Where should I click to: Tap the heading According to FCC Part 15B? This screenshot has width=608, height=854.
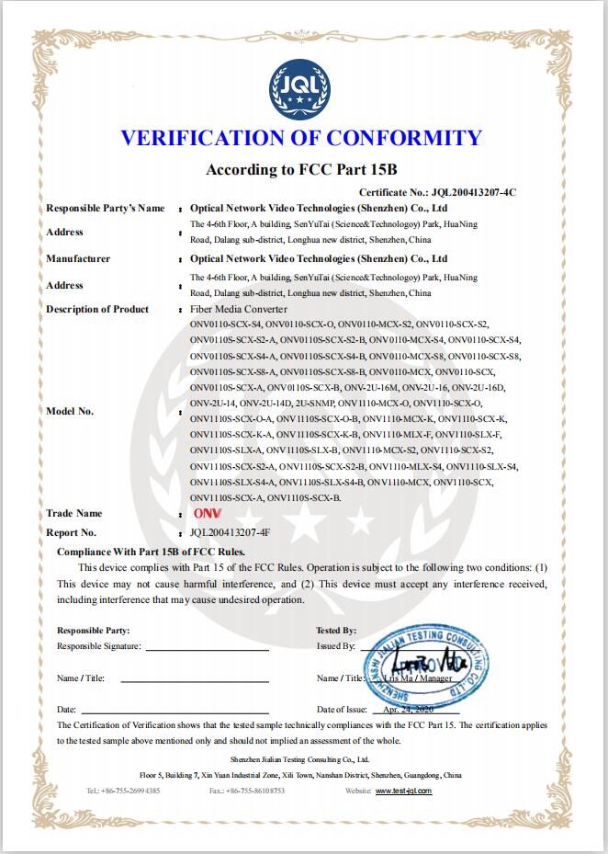(x=302, y=169)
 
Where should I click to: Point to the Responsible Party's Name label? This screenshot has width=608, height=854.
(x=106, y=209)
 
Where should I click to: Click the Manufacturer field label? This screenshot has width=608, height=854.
(x=78, y=258)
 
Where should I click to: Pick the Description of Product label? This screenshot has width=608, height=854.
(x=97, y=309)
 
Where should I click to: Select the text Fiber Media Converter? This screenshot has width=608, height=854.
(x=239, y=309)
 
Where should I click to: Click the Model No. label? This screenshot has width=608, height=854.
(x=70, y=411)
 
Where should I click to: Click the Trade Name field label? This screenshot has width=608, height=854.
(x=74, y=513)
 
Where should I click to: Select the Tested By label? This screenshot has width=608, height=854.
(x=336, y=631)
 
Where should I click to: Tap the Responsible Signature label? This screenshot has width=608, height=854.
(x=99, y=646)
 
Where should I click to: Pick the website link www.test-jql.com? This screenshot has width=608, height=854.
(x=402, y=790)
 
